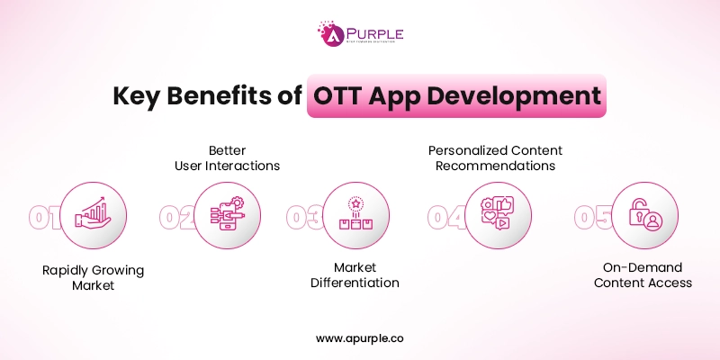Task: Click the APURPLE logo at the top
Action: click(x=360, y=34)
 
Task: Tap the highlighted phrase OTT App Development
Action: click(x=455, y=96)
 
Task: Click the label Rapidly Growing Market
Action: click(x=93, y=276)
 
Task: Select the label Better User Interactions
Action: click(x=226, y=157)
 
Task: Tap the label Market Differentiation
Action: click(x=355, y=275)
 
